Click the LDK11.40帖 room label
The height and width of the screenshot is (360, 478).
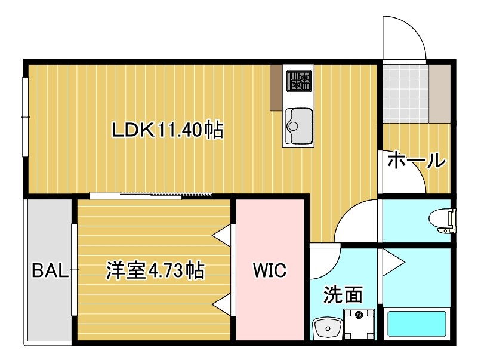click(x=168, y=130)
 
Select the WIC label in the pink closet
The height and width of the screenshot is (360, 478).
click(x=270, y=270)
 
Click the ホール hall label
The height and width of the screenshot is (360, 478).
click(x=416, y=161)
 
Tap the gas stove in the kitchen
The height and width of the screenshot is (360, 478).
click(x=300, y=81)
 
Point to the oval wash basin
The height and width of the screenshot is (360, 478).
click(x=326, y=328)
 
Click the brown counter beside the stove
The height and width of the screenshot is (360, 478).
click(x=275, y=87)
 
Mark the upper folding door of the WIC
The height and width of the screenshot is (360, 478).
click(x=223, y=235)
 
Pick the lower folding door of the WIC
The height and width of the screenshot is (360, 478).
click(x=223, y=304)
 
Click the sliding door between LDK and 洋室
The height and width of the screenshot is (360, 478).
click(x=151, y=195)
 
